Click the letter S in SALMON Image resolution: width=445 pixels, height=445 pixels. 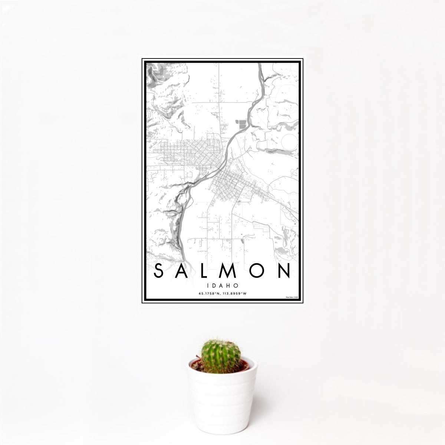click(x=158, y=271)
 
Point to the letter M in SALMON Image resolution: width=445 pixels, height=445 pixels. click(x=233, y=271)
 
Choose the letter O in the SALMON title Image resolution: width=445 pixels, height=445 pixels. click(x=260, y=271)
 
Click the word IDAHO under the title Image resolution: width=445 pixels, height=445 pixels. click(x=222, y=286)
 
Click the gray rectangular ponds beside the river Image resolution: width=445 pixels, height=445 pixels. click(x=241, y=123)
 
